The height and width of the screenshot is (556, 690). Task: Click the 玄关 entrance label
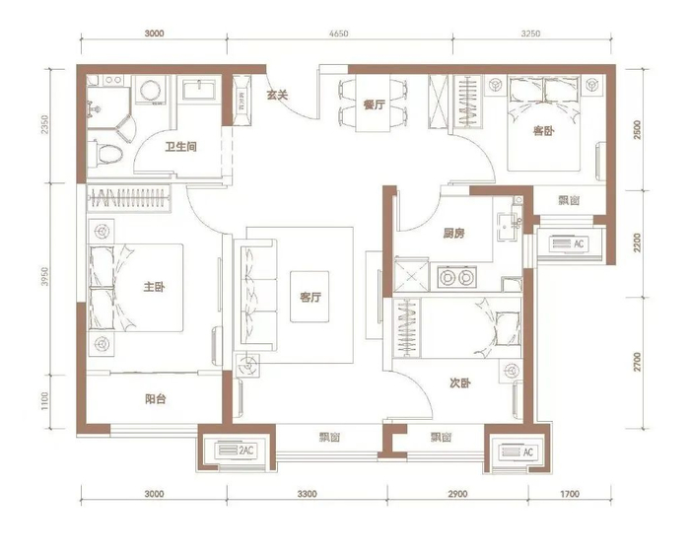pyautogui.click(x=277, y=95)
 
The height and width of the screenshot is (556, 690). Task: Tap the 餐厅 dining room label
pyautogui.click(x=374, y=104)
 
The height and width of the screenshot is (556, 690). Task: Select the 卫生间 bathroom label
pyautogui.click(x=180, y=147)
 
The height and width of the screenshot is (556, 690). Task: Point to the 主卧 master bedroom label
pyautogui.click(x=154, y=287)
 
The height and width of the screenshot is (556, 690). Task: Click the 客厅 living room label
pyautogui.click(x=310, y=297)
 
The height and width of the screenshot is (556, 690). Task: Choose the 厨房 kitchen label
pyautogui.click(x=453, y=234)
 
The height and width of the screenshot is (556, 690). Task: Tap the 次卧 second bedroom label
pyautogui.click(x=460, y=383)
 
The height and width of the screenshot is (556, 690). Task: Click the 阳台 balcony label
pyautogui.click(x=156, y=399)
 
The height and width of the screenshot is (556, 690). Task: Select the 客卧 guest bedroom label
pyautogui.click(x=543, y=131)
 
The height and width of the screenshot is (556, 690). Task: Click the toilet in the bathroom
pyautogui.click(x=105, y=154)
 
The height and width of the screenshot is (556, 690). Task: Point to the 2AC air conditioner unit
pyautogui.click(x=236, y=451)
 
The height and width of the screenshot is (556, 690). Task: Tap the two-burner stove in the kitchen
pyautogui.click(x=456, y=277)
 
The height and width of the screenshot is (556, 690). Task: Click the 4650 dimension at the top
pyautogui.click(x=339, y=34)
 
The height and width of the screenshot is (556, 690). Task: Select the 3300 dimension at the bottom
pyautogui.click(x=307, y=494)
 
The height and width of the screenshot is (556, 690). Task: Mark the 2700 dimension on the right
pyautogui.click(x=638, y=362)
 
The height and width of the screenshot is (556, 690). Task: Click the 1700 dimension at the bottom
pyautogui.click(x=570, y=494)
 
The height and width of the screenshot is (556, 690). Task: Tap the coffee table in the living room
pyautogui.click(x=310, y=297)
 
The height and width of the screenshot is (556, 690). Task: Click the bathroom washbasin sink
pyautogui.click(x=199, y=91)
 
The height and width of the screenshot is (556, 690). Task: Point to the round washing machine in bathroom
pyautogui.click(x=151, y=91)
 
